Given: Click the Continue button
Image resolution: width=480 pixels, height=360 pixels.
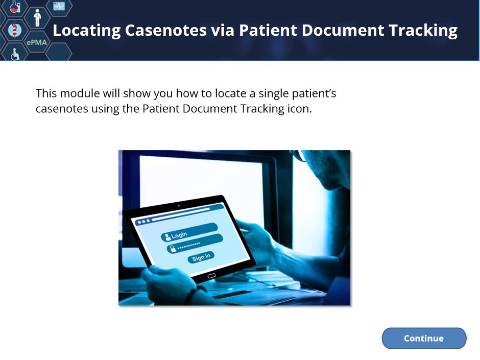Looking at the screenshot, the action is click(424, 338).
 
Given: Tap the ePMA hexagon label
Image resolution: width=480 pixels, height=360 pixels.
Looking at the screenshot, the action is click(36, 42).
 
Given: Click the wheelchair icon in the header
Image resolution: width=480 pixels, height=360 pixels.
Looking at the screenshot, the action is click(15, 54).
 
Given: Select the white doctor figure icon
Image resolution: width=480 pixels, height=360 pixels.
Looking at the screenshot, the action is click(37, 18).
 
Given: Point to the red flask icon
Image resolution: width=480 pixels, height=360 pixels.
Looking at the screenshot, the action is click(14, 7).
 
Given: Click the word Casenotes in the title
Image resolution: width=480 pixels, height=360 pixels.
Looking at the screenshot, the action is click(165, 30).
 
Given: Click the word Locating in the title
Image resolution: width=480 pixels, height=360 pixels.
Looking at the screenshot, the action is click(87, 31).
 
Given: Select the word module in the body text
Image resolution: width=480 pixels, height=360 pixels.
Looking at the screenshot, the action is click(80, 93).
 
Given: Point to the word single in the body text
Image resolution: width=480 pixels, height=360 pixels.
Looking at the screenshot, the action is click(273, 93).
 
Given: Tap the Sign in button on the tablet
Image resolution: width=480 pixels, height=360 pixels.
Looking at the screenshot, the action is click(201, 257).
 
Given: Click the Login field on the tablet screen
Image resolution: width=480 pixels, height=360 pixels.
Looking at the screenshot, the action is click(189, 232).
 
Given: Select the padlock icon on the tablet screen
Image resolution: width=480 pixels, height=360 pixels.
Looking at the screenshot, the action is click(173, 248).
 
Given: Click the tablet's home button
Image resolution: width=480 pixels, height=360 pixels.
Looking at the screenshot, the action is click(211, 276).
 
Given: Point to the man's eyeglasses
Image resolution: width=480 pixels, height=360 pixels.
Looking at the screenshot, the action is click(299, 155).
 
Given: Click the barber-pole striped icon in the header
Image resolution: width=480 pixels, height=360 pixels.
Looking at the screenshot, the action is click(14, 30).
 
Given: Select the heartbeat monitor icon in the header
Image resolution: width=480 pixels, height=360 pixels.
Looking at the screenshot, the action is click(59, 6).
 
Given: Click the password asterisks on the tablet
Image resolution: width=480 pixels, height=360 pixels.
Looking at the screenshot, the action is click(188, 246).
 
